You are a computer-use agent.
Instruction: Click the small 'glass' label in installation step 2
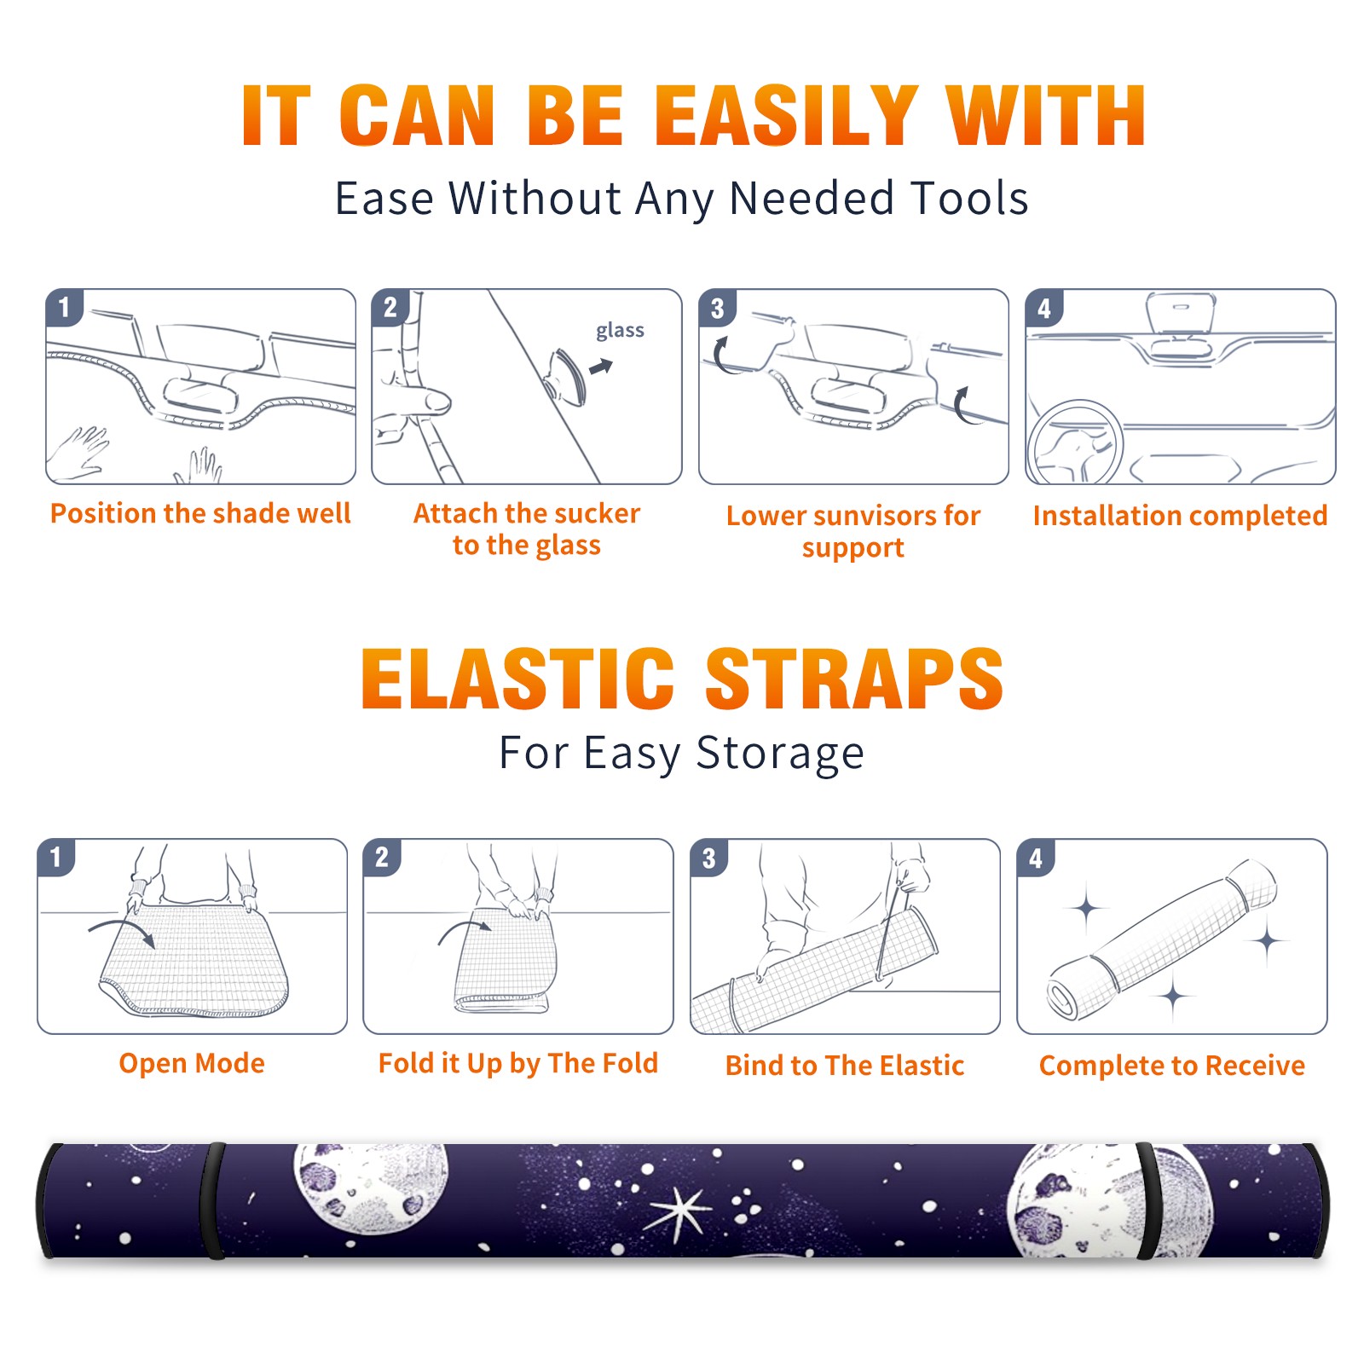click(620, 331)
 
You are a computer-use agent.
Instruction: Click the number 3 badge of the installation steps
click(717, 308)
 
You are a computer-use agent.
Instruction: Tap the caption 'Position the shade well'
click(200, 513)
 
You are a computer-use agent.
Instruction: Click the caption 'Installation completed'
click(1180, 516)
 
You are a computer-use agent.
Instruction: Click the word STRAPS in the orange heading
click(854, 679)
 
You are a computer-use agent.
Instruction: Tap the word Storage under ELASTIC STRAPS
click(780, 754)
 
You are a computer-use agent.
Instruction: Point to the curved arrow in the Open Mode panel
click(122, 930)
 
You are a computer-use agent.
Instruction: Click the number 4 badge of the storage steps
click(1035, 858)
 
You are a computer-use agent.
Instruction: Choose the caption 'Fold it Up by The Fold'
click(518, 1064)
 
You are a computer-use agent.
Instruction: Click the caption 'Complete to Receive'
click(1172, 1066)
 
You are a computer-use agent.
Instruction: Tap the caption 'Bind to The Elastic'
click(845, 1066)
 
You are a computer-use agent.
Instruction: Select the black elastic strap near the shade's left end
click(212, 1200)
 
